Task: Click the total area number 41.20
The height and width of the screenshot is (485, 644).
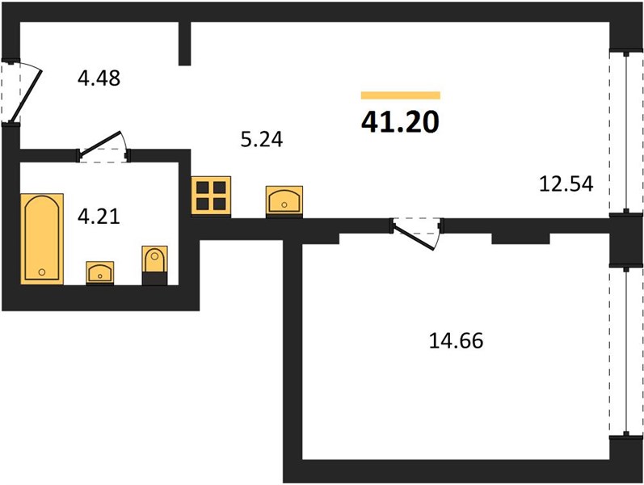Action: (401, 123)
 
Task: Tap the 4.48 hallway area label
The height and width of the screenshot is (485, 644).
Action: (99, 78)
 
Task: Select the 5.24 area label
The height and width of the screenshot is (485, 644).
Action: (262, 139)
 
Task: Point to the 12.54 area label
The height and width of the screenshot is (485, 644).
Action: (566, 183)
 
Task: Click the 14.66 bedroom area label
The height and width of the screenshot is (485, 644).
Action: (456, 341)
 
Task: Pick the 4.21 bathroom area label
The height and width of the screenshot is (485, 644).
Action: (99, 216)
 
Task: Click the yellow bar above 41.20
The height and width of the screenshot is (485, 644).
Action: (401, 95)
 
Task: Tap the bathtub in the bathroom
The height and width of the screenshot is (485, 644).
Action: (42, 238)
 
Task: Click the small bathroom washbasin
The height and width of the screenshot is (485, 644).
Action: (100, 272)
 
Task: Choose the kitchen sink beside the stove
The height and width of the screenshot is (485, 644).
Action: (284, 201)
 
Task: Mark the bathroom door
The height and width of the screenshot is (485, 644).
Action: (103, 147)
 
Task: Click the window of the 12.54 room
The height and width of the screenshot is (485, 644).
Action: (625, 133)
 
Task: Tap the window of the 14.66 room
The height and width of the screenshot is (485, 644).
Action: (625, 352)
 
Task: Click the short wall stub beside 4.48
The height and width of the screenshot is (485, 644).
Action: (185, 43)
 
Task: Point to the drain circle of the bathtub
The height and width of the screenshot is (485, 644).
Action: (41, 272)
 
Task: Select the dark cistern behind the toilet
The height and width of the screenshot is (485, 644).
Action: (154, 279)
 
